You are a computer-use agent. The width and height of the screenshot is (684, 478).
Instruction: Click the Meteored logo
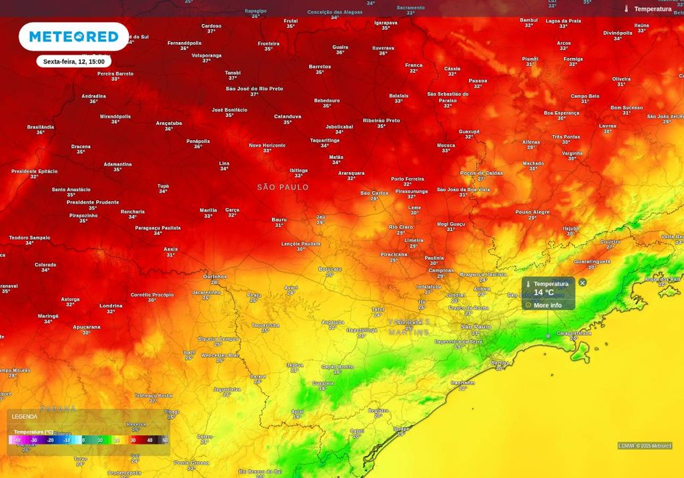click(73, 37)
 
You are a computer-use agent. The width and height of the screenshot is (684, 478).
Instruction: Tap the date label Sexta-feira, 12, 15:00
click(73, 61)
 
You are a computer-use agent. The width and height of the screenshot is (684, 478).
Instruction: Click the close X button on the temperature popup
click(582, 282)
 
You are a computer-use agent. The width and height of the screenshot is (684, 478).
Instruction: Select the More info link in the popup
click(547, 305)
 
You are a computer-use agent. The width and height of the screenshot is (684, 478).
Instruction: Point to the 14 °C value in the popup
click(543, 292)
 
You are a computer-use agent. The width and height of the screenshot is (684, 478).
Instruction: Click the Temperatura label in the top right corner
click(653, 9)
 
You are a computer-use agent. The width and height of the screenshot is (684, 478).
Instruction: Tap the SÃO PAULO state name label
click(283, 188)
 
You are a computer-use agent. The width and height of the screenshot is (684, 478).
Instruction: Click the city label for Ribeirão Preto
click(381, 121)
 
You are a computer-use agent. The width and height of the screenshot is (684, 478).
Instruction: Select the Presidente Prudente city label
click(93, 202)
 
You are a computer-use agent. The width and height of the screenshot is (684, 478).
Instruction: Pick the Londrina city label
click(111, 306)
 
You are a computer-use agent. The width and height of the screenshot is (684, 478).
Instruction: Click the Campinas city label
click(441, 270)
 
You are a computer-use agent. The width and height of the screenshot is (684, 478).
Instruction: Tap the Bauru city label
click(279, 220)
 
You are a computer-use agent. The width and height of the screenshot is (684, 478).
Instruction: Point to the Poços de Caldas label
click(481, 173)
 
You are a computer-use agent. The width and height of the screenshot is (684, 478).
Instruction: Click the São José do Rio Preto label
click(254, 89)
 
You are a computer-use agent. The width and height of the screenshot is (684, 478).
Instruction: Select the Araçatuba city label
click(169, 123)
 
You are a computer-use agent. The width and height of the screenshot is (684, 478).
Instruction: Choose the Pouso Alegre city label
click(532, 212)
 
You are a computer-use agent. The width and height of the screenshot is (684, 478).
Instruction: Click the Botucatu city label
click(330, 268)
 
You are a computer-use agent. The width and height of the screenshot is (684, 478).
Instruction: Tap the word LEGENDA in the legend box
click(25, 417)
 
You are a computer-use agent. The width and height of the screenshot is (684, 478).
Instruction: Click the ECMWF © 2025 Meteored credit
click(645, 446)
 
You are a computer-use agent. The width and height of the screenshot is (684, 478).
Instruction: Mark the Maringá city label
click(48, 316)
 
